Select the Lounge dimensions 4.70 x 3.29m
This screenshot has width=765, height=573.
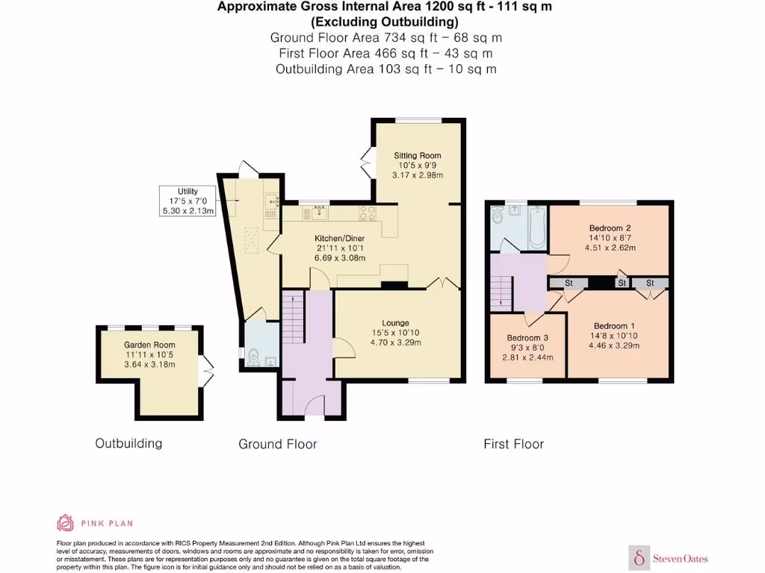click(395, 342)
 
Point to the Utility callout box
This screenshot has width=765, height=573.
click(188, 201)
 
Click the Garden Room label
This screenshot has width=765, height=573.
click(149, 345)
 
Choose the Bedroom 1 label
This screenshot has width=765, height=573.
click(614, 325)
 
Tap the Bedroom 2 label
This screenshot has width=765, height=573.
click(610, 228)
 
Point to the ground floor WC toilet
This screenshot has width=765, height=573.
click(253, 357)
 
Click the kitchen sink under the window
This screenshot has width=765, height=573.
click(320, 214)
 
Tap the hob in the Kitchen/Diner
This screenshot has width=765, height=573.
click(366, 214)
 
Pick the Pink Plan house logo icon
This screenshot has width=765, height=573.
click(66, 522)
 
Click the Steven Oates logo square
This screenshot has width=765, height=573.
click(640, 557)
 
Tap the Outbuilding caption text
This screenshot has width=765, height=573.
click(128, 443)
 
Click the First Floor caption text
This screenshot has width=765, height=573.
click(513, 444)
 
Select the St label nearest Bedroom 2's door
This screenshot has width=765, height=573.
click(569, 284)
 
